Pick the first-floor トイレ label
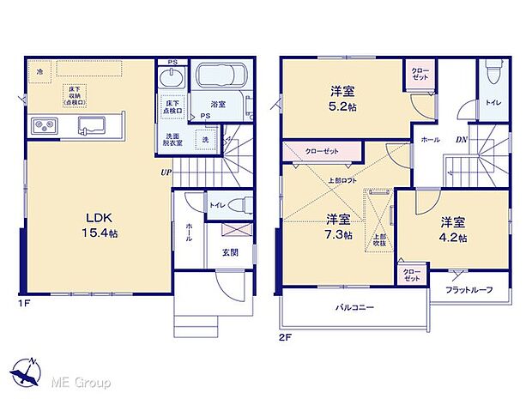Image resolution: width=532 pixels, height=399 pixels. coord(218,205)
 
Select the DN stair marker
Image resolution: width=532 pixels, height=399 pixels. coord(460,140)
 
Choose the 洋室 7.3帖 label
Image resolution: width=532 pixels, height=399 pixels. coord(338,226)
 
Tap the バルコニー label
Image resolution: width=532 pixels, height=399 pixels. coord(354,306)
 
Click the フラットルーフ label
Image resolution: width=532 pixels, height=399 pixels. coord(469,289)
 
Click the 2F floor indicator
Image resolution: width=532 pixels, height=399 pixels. coord(286,337)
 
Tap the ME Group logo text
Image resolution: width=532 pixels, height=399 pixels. coord(82,378)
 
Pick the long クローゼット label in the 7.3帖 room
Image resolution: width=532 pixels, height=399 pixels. coord(322,151)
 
